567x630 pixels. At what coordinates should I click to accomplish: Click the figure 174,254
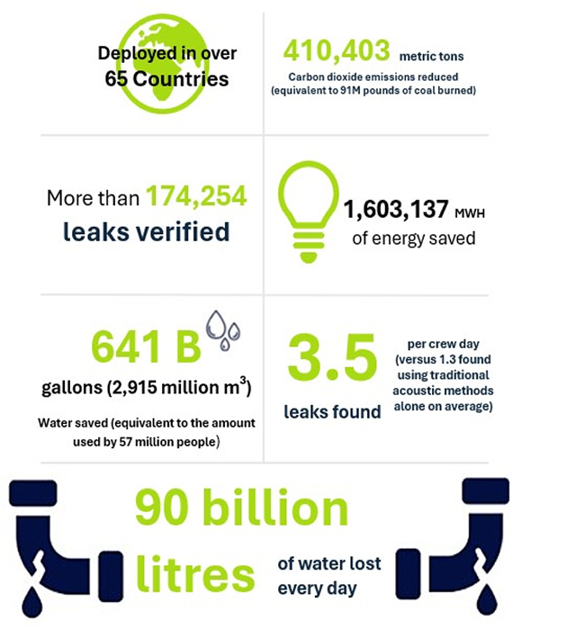(196, 197)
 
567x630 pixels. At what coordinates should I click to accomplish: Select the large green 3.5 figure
(331, 360)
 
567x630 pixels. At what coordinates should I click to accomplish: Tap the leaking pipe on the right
(487, 540)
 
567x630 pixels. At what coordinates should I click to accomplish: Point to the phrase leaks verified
(146, 231)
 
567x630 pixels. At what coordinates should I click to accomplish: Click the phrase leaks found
(333, 411)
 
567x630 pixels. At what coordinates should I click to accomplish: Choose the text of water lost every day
(329, 576)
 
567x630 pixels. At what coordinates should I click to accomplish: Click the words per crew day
(437, 343)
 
